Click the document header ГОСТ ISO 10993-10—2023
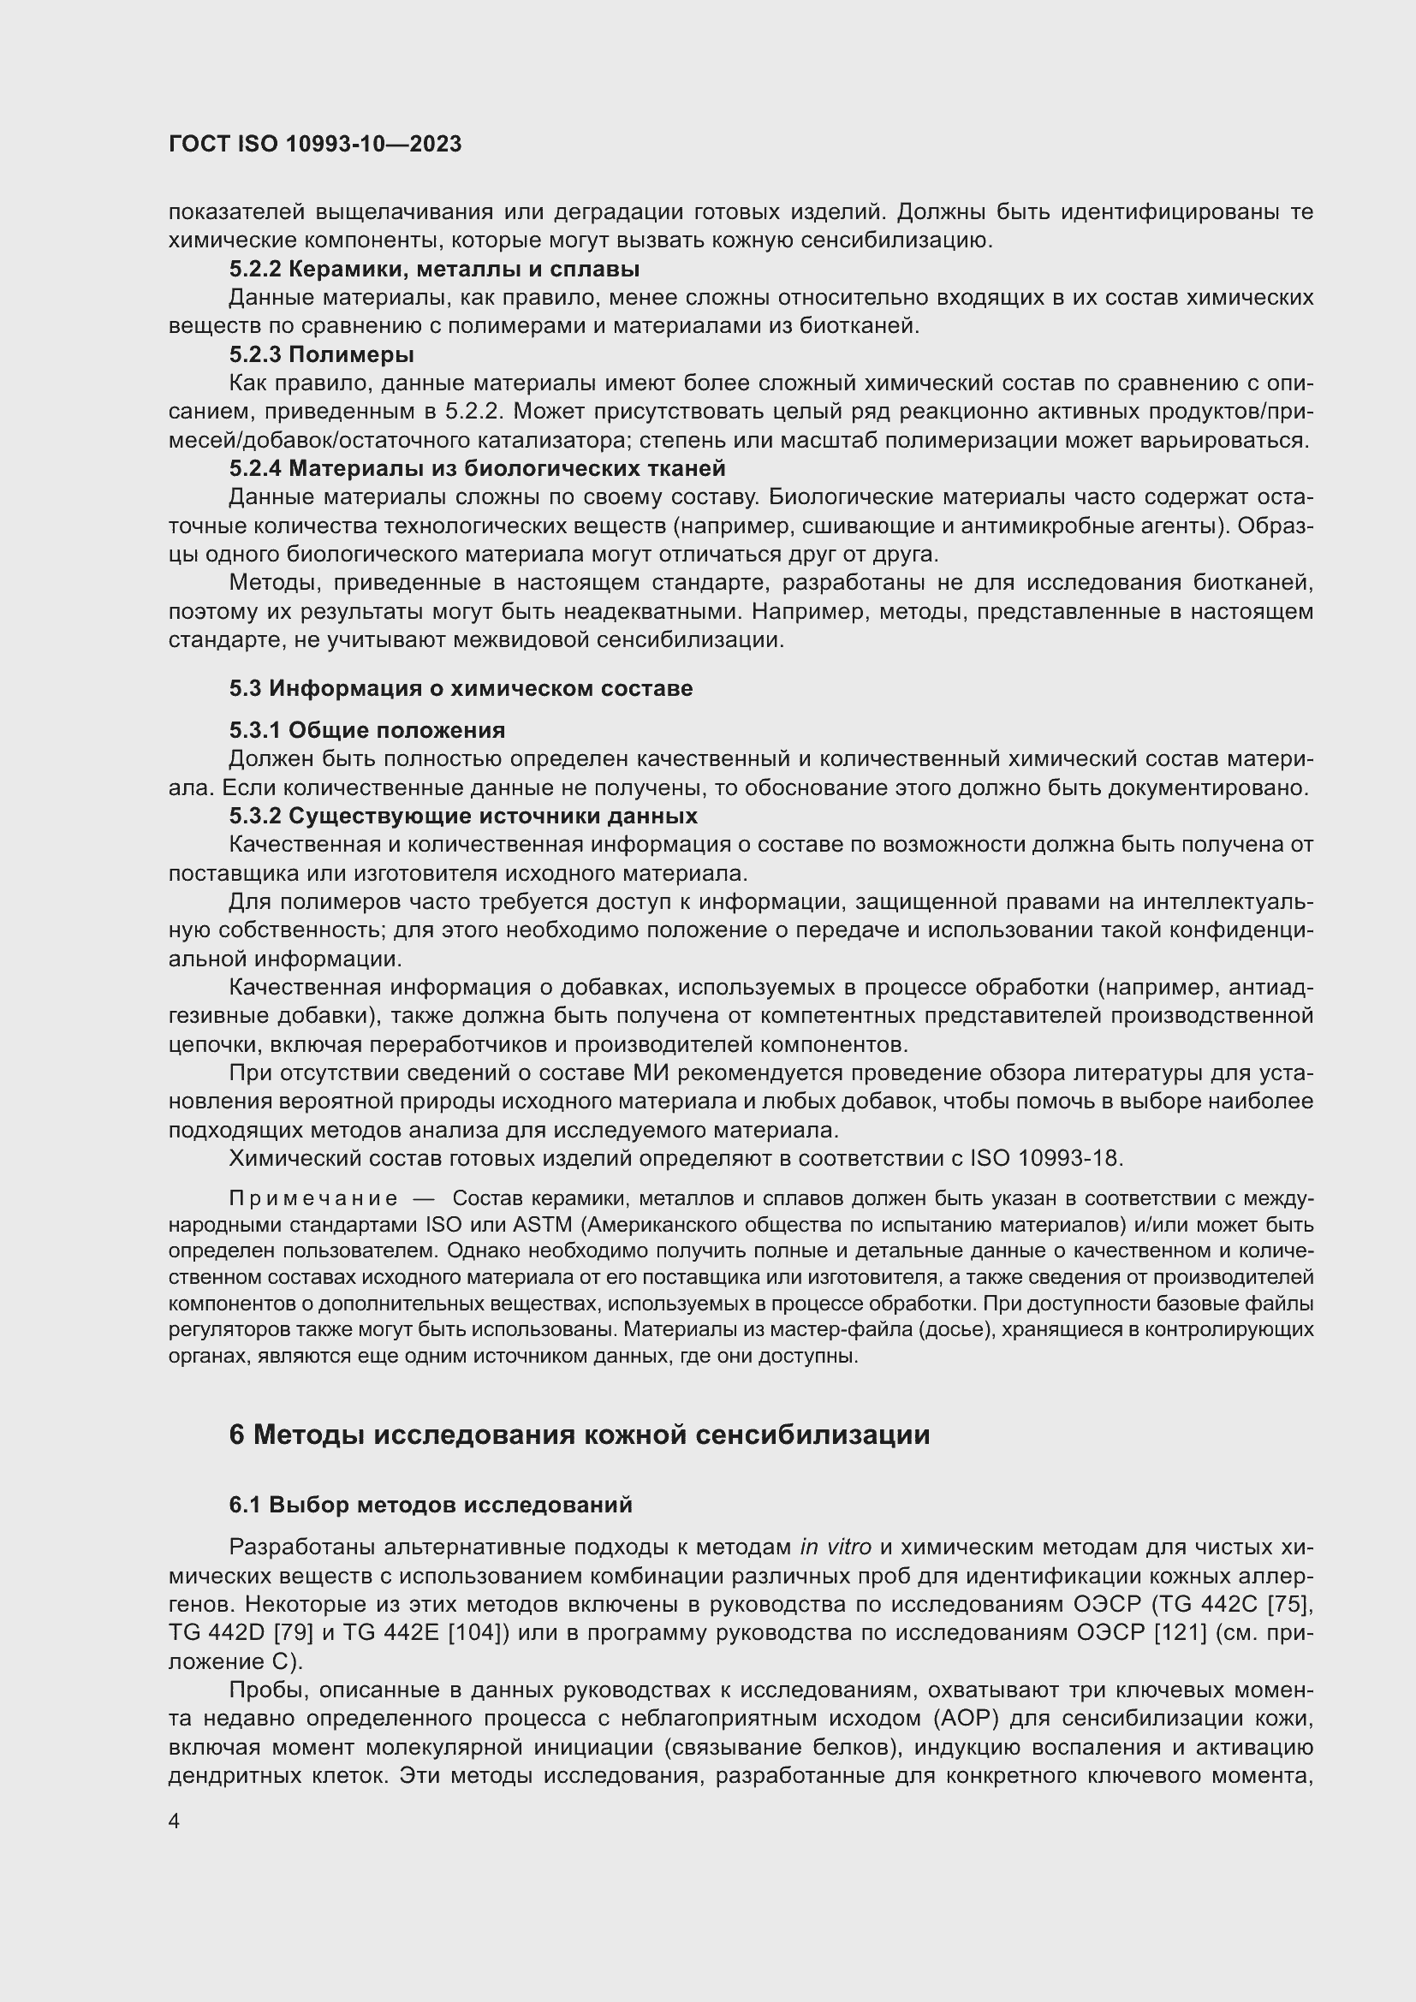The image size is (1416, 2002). coord(315,144)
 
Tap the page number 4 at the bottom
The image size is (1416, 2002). coord(175,1821)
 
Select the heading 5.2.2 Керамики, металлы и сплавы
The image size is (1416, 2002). coord(434,269)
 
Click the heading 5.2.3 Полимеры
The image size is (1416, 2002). coord(322,354)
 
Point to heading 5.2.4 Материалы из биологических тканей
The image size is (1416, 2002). coord(477,468)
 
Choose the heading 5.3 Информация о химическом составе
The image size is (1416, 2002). coord(461,688)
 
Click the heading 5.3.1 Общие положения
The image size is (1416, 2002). coord(367,730)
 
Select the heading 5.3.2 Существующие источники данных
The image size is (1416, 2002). coord(463,816)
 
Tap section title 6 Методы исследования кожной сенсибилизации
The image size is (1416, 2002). coord(579,1435)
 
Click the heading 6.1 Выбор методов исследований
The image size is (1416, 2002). coord(431,1504)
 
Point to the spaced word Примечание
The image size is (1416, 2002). coord(313,1198)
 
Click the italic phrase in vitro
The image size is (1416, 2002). coord(836,1547)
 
